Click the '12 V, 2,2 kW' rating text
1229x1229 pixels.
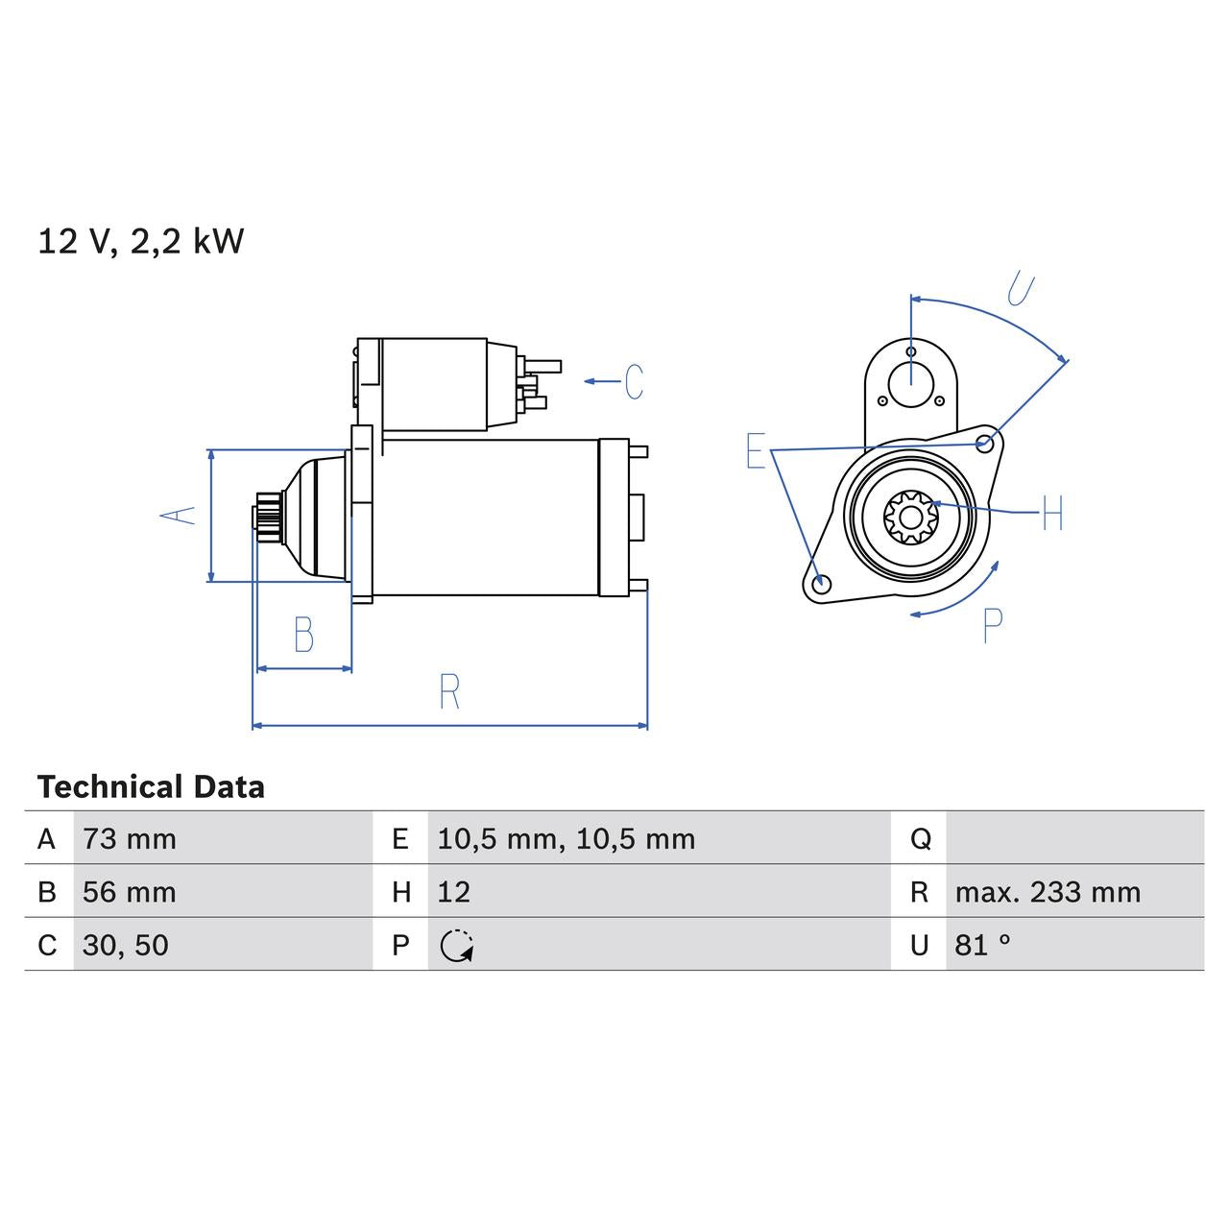[x=141, y=241]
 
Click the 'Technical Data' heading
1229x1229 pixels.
[x=151, y=787]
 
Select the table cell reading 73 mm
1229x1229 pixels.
[x=130, y=839]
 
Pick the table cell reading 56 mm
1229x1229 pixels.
[x=130, y=892]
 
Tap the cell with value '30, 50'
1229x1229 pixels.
[x=126, y=946]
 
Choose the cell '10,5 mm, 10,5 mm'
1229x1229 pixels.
[x=566, y=839]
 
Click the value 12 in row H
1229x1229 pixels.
[x=454, y=892]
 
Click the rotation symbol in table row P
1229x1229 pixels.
[x=457, y=947]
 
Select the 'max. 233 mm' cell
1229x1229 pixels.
[x=1048, y=892]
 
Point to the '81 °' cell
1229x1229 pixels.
[x=982, y=946]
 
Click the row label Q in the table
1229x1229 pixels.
[x=920, y=839]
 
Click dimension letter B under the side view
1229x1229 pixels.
[x=303, y=635]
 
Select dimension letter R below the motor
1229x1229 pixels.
[x=449, y=691]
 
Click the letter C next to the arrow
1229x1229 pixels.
[x=634, y=382]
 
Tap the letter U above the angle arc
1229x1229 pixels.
[x=1021, y=289]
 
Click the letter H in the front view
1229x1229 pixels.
[x=1053, y=514]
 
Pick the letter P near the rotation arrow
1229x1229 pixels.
[x=993, y=626]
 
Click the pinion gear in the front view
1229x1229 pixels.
[x=909, y=517]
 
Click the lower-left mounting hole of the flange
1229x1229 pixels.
[x=820, y=583]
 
